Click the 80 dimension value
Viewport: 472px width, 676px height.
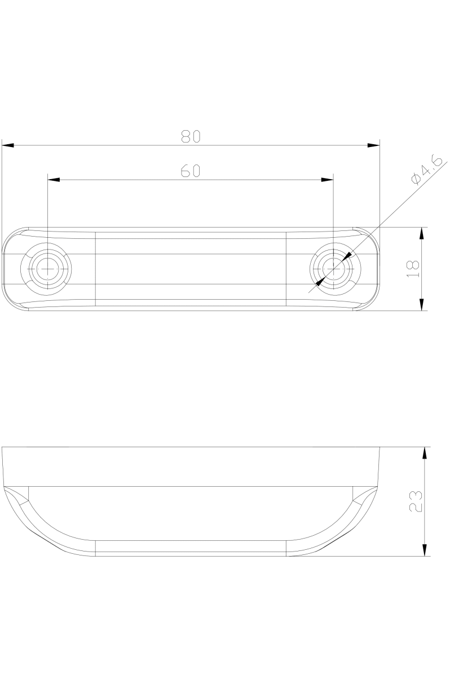[191, 136]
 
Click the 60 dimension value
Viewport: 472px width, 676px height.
[191, 171]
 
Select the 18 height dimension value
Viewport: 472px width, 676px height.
[413, 269]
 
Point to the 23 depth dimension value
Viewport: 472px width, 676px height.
[416, 501]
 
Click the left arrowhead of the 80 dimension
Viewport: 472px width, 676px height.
[8, 145]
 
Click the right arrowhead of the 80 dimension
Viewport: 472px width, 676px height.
[373, 145]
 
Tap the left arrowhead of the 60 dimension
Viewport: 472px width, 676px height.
[54, 180]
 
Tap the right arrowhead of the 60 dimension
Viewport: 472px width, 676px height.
[327, 180]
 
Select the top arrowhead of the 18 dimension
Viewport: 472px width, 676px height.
[422, 233]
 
